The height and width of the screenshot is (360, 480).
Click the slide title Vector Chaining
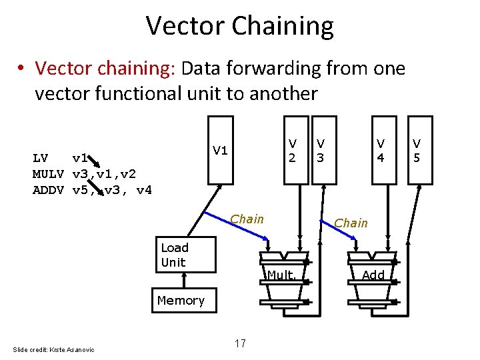tap(240, 26)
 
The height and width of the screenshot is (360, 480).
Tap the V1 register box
tap(221, 149)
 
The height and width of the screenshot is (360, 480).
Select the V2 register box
tap(292, 150)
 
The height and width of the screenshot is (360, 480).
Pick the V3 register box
tap(321, 150)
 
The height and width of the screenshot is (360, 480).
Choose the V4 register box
tap(381, 150)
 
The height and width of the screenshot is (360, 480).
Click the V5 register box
tap(417, 150)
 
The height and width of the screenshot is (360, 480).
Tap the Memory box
tap(181, 301)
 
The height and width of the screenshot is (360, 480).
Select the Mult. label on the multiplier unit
tap(285, 275)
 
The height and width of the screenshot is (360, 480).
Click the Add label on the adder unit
tap(373, 275)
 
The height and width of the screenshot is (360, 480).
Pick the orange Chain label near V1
tap(247, 219)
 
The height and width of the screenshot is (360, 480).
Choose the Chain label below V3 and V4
tap(351, 223)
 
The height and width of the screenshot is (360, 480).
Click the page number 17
tap(240, 343)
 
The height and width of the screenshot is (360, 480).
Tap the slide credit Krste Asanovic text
tap(54, 349)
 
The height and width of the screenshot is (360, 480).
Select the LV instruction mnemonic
tap(41, 158)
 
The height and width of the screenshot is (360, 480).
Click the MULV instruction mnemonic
tap(48, 174)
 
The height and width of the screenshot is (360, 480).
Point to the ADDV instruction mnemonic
tap(48, 190)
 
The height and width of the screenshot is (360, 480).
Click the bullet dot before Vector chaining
tap(22, 69)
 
